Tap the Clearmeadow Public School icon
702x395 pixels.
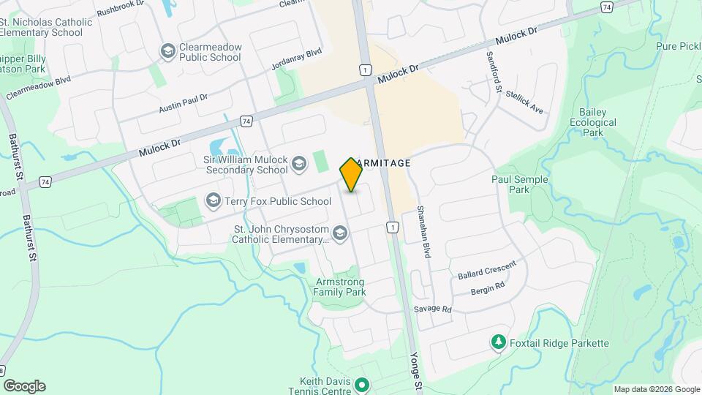point(167,51)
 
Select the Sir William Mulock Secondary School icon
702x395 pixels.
point(298,164)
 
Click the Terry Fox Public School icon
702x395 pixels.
point(214,200)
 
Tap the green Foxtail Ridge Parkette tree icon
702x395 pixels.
point(498,342)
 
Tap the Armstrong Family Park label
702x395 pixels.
point(340,287)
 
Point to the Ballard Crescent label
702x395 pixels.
point(487,270)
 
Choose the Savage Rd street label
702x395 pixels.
point(433,309)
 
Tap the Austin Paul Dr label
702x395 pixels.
point(184,103)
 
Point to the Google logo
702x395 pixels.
point(24,386)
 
